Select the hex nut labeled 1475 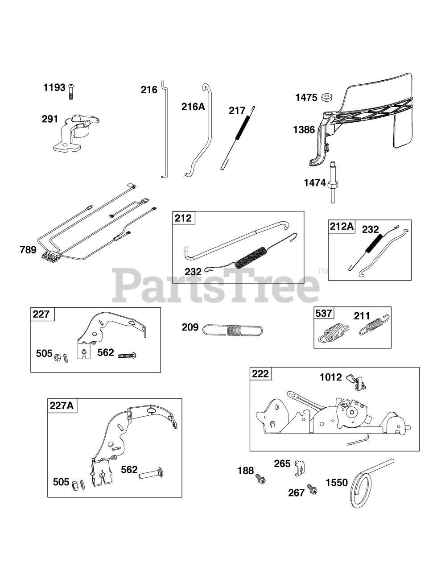[x=325, y=97]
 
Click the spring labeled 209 [x=233, y=330]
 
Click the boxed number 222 [x=260, y=373]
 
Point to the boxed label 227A [x=62, y=405]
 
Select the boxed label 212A [x=342, y=227]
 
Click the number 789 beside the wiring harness [x=28, y=250]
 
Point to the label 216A [x=193, y=106]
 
